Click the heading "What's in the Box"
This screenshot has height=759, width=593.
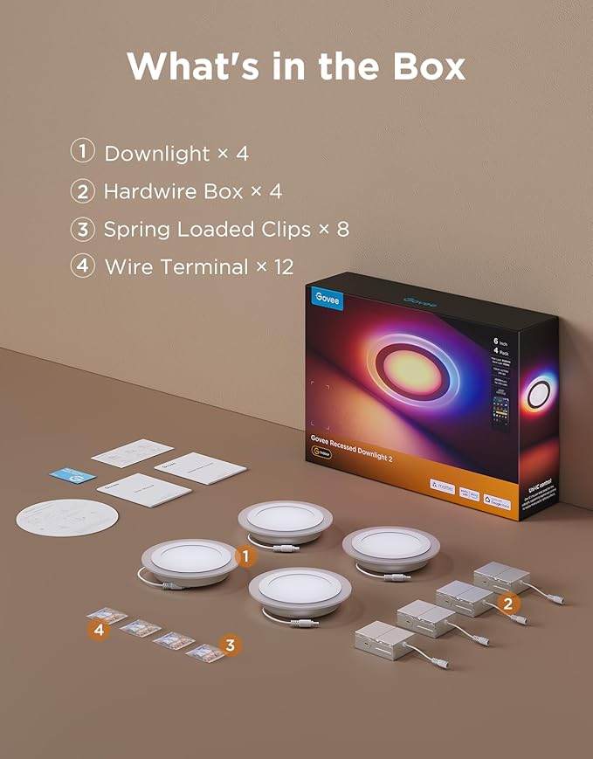point(296,66)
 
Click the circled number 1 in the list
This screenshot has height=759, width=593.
point(82,151)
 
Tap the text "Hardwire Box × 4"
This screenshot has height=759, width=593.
point(192,191)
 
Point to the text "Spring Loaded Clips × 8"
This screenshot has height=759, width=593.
point(226,230)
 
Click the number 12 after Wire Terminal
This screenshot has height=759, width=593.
point(284,267)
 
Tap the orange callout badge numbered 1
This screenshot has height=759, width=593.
point(246,555)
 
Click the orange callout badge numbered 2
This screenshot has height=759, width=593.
point(507,602)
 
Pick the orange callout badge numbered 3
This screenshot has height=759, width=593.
point(230,645)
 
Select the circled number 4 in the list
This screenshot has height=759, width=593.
point(82,266)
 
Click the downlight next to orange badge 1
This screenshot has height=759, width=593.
point(189,561)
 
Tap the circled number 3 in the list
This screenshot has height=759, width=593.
point(82,228)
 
